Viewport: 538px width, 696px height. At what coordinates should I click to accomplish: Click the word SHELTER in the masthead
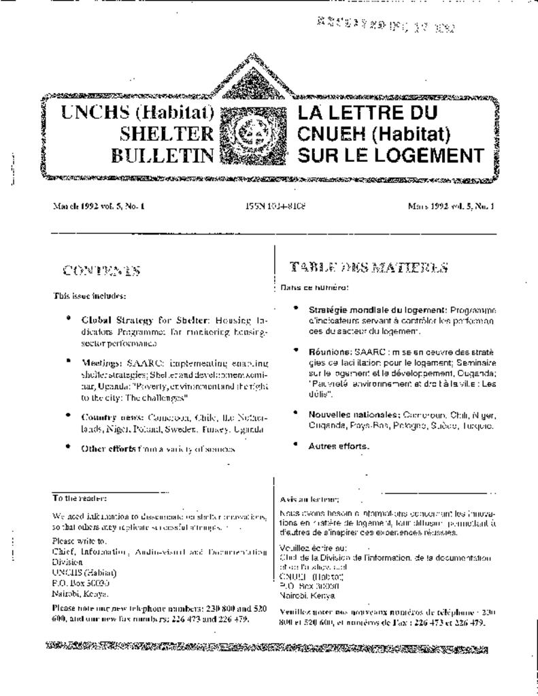coord(166,134)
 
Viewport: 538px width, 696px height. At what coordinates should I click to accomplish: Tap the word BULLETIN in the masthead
coord(163,156)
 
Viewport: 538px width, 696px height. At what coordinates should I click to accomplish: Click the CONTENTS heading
coord(101,271)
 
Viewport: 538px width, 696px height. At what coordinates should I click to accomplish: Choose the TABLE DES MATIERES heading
coord(369,267)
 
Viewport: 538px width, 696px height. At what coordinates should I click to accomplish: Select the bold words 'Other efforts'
coord(109,449)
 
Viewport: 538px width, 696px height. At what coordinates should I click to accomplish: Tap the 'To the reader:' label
coord(79,498)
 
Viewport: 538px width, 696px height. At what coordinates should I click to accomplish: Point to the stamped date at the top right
coord(385,26)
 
